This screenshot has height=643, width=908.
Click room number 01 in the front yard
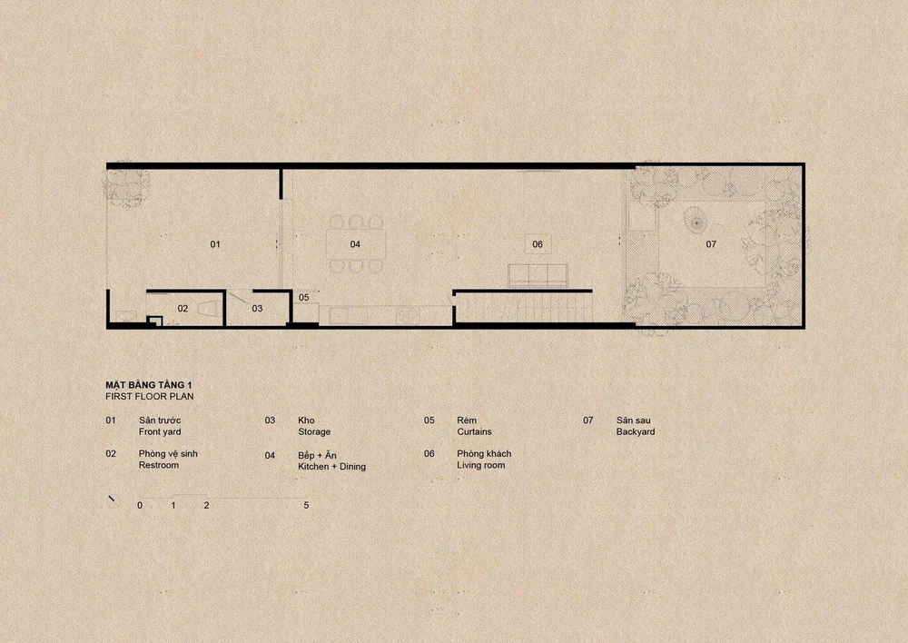pyautogui.click(x=215, y=244)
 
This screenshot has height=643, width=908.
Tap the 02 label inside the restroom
pyautogui.click(x=183, y=309)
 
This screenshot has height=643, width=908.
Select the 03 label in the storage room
pyautogui.click(x=257, y=309)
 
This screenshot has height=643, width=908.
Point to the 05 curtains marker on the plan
pyautogui.click(x=304, y=298)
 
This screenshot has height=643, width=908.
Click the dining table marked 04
pyautogui.click(x=355, y=244)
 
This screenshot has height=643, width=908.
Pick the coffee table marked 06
pyautogui.click(x=538, y=244)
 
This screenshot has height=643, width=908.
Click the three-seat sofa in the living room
pyautogui.click(x=538, y=275)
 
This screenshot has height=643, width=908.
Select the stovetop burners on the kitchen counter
pyautogui.click(x=409, y=316)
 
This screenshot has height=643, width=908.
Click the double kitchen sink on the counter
pyautogui.click(x=348, y=316)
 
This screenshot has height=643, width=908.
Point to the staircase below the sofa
pyautogui.click(x=524, y=306)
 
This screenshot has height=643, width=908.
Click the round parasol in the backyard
pyautogui.click(x=696, y=220)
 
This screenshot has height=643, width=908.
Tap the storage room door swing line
pyautogui.click(x=237, y=298)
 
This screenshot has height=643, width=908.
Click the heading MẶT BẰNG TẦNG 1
pyautogui.click(x=148, y=385)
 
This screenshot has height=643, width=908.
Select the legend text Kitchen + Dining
pyautogui.click(x=331, y=466)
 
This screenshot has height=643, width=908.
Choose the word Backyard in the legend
pyautogui.click(x=636, y=432)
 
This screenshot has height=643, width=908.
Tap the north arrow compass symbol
pyautogui.click(x=113, y=500)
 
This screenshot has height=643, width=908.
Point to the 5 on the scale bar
pyautogui.click(x=306, y=505)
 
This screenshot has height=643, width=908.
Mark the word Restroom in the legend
pyautogui.click(x=159, y=465)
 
